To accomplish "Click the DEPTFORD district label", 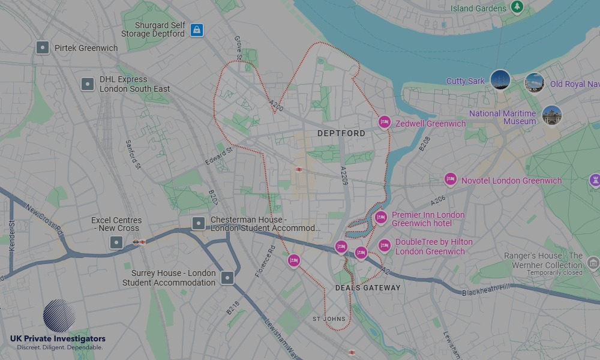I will click(x=341, y=133).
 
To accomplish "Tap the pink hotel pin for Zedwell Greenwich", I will click(x=384, y=122).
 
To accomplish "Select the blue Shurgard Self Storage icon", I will click(x=196, y=29).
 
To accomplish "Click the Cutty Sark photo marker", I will click(x=500, y=80).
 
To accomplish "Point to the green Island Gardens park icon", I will click(x=517, y=7).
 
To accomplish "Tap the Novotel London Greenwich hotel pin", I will click(x=450, y=179).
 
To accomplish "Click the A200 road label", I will click(x=276, y=106).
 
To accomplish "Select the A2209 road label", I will click(x=344, y=175).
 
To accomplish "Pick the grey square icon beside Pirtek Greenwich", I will click(x=42, y=47).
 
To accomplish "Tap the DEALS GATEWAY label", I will click(x=367, y=288).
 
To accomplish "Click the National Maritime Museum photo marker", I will click(x=551, y=116).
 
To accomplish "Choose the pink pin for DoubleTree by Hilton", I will click(x=384, y=245).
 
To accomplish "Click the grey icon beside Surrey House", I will click(x=227, y=277).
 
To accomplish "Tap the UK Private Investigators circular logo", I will click(x=59, y=316).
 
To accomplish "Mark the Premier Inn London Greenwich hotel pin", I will click(x=380, y=217).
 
